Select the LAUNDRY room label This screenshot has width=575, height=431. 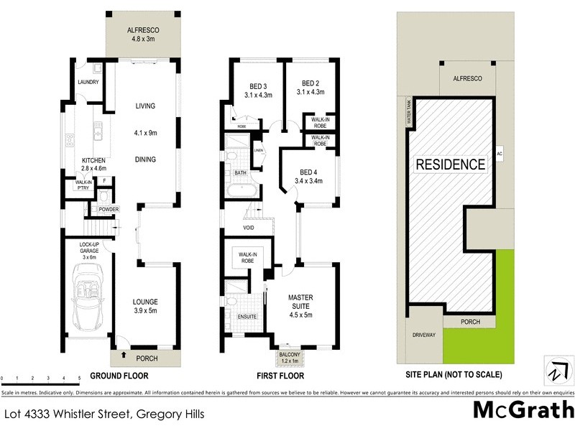point(88,82)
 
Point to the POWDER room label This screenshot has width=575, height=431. point(109,209)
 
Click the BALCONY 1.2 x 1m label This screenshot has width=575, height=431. point(288,357)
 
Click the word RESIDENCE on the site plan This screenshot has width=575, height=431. point(451,164)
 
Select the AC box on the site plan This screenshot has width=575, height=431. point(499,153)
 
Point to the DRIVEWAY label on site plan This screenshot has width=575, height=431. point(422,335)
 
